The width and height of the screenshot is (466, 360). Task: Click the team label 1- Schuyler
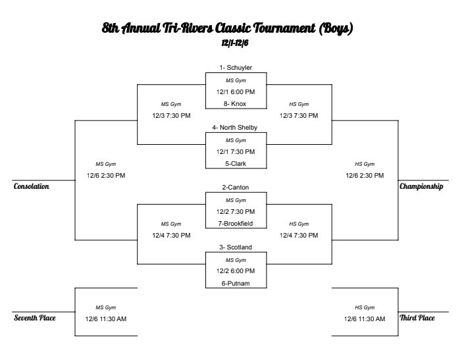tap(236, 67)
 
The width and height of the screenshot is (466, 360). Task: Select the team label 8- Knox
tap(236, 103)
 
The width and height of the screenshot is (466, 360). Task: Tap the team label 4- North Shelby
tap(236, 128)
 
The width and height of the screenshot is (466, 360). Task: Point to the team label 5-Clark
tap(236, 164)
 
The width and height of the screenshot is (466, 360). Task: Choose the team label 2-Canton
tap(236, 188)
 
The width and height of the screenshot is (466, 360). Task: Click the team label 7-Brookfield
tap(236, 223)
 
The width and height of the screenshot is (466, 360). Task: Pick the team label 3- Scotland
tap(236, 247)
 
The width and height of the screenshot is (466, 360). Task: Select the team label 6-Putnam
tap(236, 284)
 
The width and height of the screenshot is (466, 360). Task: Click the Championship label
tap(421, 187)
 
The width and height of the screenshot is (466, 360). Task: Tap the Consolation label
tap(32, 187)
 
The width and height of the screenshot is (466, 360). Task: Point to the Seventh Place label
tap(35, 318)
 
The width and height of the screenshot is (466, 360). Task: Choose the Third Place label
tap(417, 318)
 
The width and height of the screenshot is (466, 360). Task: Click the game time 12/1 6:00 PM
tap(236, 91)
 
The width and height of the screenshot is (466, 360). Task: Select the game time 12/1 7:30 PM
tap(236, 152)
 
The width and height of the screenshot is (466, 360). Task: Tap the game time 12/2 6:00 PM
tap(236, 271)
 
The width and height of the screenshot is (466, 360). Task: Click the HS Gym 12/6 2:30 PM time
tap(365, 175)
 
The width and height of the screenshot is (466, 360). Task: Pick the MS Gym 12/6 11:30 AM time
tap(106, 319)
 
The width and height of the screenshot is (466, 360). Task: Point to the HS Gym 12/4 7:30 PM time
tap(299, 235)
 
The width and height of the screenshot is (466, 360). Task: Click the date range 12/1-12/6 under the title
tap(235, 43)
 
